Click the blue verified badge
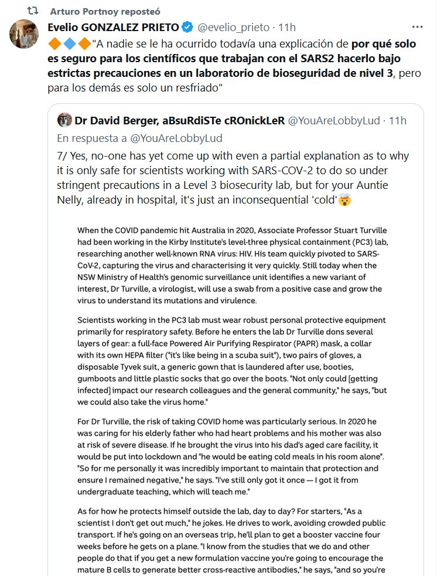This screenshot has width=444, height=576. [x=186, y=27]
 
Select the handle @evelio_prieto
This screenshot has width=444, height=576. [x=233, y=27]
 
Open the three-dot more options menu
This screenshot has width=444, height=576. [x=417, y=27]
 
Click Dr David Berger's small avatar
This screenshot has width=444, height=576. [x=64, y=120]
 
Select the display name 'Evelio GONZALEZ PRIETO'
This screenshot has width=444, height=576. [x=113, y=27]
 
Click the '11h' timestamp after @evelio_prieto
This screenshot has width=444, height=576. [x=286, y=27]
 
